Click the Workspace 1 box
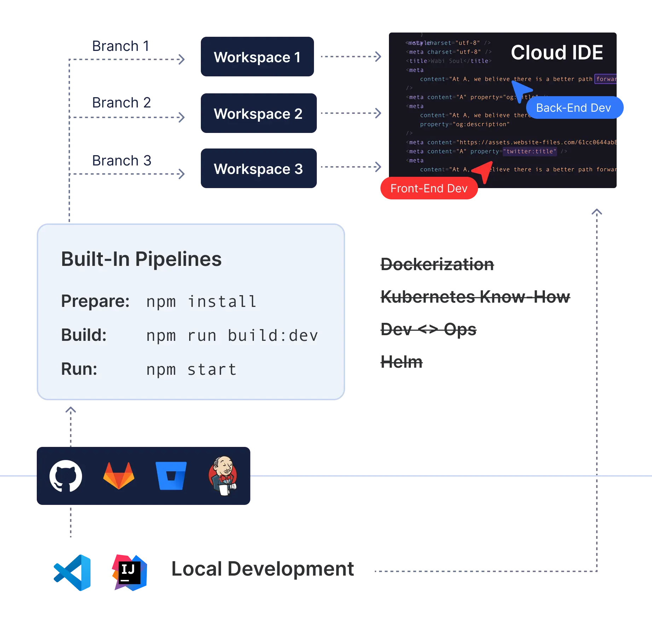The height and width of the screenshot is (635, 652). tap(257, 57)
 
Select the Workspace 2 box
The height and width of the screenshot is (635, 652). tap(258, 113)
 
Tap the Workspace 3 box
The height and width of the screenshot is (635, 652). tap(258, 169)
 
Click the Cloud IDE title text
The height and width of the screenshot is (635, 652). tap(557, 53)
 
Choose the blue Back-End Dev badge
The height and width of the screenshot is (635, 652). tap(574, 108)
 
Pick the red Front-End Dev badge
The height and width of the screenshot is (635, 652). tap(429, 188)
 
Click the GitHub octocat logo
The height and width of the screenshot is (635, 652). tap(66, 476)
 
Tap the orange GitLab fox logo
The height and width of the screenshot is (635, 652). tap(119, 476)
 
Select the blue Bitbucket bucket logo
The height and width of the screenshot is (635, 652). tap(171, 476)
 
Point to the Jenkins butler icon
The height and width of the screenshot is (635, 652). tap(223, 476)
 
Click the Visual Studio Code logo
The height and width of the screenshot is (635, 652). tap(72, 572)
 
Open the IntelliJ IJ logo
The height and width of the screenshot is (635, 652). tap(129, 572)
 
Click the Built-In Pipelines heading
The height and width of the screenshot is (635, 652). tap(141, 259)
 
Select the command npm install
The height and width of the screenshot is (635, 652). tap(201, 302)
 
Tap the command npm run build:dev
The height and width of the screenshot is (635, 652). tap(232, 336)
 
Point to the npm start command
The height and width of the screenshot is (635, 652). tap(191, 369)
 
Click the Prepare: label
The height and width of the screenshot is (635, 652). tap(95, 301)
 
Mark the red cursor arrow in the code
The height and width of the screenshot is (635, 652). tap(484, 171)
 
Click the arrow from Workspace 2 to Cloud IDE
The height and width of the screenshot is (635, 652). tap(350, 113)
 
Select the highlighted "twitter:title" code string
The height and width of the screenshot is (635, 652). tap(530, 151)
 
